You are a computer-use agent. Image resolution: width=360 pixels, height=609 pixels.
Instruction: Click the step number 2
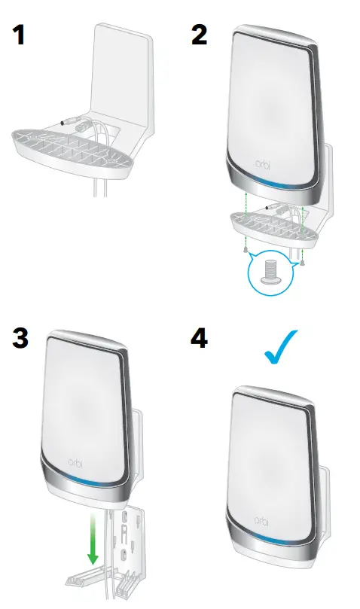(199, 35)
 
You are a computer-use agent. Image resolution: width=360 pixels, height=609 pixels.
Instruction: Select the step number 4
(200, 338)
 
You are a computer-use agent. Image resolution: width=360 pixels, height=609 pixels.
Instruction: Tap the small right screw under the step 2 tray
(302, 263)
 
